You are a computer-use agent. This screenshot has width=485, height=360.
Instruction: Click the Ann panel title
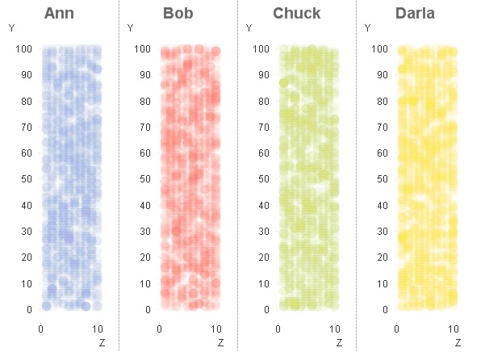[59, 13]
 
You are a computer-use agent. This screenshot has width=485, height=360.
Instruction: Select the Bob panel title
[178, 13]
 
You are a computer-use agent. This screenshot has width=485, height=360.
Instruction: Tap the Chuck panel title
[296, 13]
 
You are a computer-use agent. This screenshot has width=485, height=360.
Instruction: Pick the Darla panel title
[415, 13]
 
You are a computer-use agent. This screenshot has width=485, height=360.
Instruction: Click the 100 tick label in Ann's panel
[24, 49]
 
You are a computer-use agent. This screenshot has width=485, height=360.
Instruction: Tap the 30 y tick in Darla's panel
[382, 232]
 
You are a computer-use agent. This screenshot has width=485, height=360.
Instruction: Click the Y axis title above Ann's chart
[12, 28]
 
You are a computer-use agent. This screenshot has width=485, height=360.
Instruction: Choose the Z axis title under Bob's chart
[220, 343]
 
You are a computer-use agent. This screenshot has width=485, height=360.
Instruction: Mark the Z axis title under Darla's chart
[457, 343]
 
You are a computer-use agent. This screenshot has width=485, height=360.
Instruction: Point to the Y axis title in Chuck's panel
[249, 28]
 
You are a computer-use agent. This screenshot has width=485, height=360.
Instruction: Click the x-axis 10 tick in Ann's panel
[98, 329]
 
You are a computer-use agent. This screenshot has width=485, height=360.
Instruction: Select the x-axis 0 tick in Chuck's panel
[278, 329]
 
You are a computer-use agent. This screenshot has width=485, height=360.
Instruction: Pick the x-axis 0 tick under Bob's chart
[159, 329]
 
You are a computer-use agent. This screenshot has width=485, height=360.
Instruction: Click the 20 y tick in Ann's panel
[27, 257]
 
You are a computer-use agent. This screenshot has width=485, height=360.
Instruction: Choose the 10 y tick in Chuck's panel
[264, 283]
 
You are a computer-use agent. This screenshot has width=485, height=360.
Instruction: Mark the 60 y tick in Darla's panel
[382, 153]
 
